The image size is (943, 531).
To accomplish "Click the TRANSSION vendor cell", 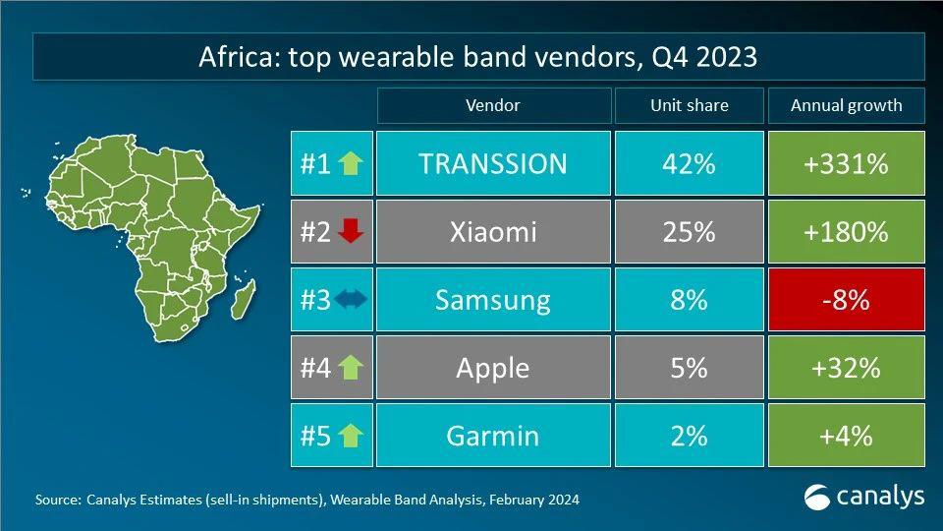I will point(492,163).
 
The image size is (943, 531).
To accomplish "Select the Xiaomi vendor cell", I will point(492,232).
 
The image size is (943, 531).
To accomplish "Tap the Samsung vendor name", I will point(492,300).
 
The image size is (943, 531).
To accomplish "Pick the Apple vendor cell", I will point(492,368).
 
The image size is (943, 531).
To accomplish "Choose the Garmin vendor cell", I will point(492,436).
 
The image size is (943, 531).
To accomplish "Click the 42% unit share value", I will point(688,163).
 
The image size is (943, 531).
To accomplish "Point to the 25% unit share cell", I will point(688,232).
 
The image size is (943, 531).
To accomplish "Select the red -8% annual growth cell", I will point(846,300).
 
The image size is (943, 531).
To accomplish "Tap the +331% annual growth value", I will point(846,163).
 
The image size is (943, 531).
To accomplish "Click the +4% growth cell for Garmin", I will point(846,436).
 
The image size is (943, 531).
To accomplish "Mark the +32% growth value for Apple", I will point(846,368).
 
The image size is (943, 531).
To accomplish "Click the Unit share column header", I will point(688,105).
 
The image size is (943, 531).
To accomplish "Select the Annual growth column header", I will point(846,105).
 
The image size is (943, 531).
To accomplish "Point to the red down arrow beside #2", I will point(351,232).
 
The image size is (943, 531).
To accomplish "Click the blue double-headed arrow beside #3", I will point(350,300).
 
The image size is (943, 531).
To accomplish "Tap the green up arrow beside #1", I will point(351,163).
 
